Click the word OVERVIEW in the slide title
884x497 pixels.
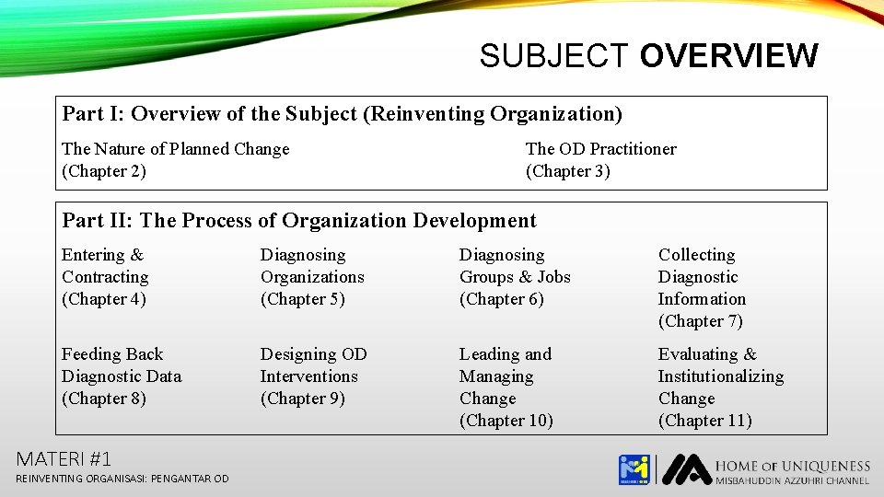(x=727, y=56)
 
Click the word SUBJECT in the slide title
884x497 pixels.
(x=554, y=56)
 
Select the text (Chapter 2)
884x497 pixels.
(x=104, y=171)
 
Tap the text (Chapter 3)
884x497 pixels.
(x=568, y=171)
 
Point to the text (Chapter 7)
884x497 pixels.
(x=701, y=321)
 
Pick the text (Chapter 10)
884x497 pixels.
(x=506, y=421)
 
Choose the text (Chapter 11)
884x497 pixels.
(x=705, y=421)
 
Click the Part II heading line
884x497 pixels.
(x=299, y=221)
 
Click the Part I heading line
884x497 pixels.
(x=342, y=114)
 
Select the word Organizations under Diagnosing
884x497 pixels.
(x=312, y=277)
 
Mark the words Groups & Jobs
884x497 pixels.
(x=515, y=277)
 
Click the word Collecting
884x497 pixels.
(x=696, y=255)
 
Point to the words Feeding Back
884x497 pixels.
(x=112, y=354)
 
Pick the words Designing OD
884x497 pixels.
(x=313, y=354)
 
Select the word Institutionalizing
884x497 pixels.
(x=720, y=376)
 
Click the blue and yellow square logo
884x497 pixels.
(x=634, y=469)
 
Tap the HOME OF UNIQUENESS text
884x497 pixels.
(x=792, y=466)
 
